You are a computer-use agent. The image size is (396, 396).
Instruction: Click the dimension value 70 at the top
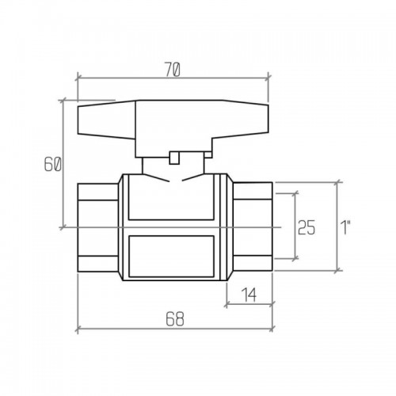pyautogui.click(x=173, y=70)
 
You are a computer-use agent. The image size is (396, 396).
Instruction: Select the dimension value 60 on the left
pyautogui.click(x=52, y=164)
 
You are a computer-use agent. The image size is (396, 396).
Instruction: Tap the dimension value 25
pyautogui.click(x=307, y=227)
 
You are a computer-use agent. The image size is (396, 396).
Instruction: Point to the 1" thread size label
pyautogui.click(x=345, y=227)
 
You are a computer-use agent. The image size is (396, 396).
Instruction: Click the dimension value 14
pyautogui.click(x=249, y=295)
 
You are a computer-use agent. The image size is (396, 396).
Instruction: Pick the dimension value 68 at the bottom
pyautogui.click(x=175, y=319)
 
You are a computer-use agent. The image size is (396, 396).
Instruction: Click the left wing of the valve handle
pyautogui.click(x=106, y=120)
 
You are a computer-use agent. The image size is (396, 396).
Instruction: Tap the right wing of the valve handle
pyautogui.click(x=241, y=119)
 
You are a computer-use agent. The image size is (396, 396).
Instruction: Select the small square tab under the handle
pyautogui.click(x=174, y=158)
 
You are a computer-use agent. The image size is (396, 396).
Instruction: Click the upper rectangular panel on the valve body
pyautogui.click(x=171, y=197)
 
